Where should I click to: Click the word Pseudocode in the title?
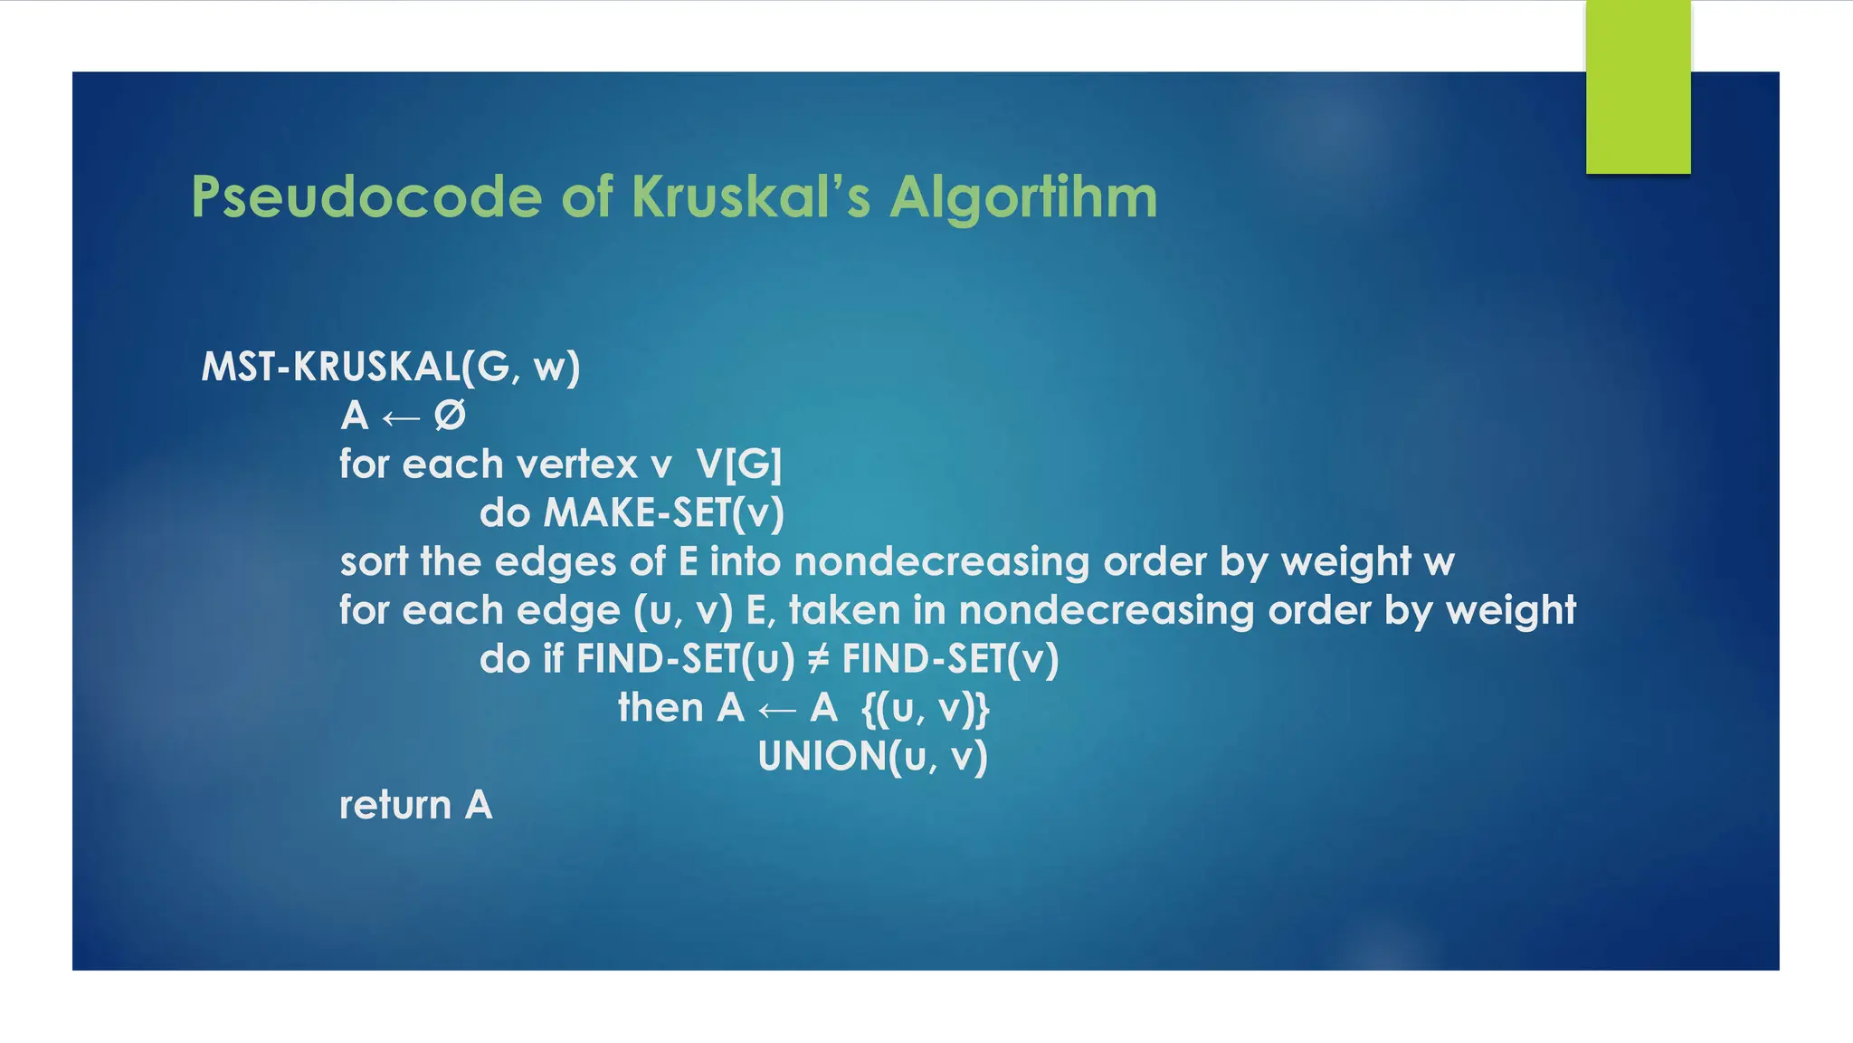366,197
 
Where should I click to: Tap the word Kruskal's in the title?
750,197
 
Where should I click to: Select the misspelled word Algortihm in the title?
1023,197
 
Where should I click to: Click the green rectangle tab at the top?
1638,87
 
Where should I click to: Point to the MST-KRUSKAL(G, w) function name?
390,367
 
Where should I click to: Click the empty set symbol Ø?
450,416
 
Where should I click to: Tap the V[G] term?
738,464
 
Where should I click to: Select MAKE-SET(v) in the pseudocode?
663,513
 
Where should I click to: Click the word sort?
373,562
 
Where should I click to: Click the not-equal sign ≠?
818,659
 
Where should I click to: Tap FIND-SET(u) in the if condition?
685,659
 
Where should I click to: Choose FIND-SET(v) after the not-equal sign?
950,659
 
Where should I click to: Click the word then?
660,708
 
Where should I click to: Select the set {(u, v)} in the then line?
926,708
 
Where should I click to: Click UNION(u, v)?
872,757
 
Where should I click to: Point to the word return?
394,806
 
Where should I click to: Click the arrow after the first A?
401,417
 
